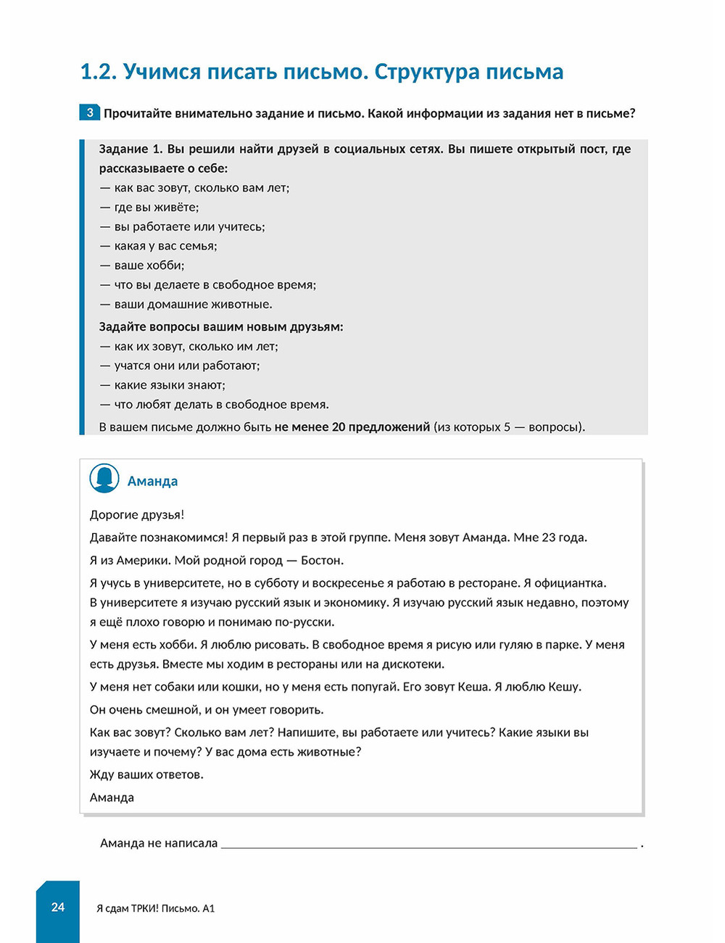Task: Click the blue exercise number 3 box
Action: point(90,112)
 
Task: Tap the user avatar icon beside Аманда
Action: point(104,479)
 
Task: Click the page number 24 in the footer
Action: point(58,907)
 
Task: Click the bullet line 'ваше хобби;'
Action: point(149,265)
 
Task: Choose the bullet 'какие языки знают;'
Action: point(169,385)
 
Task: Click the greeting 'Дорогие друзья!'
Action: point(137,515)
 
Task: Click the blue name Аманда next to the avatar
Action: point(152,481)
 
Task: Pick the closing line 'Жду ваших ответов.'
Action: point(146,775)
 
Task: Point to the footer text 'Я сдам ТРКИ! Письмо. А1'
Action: point(155,908)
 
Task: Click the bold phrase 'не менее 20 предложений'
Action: point(352,427)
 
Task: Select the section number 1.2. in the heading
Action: point(99,72)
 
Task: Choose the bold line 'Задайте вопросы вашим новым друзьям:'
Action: point(221,327)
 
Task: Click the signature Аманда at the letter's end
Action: point(112,798)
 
